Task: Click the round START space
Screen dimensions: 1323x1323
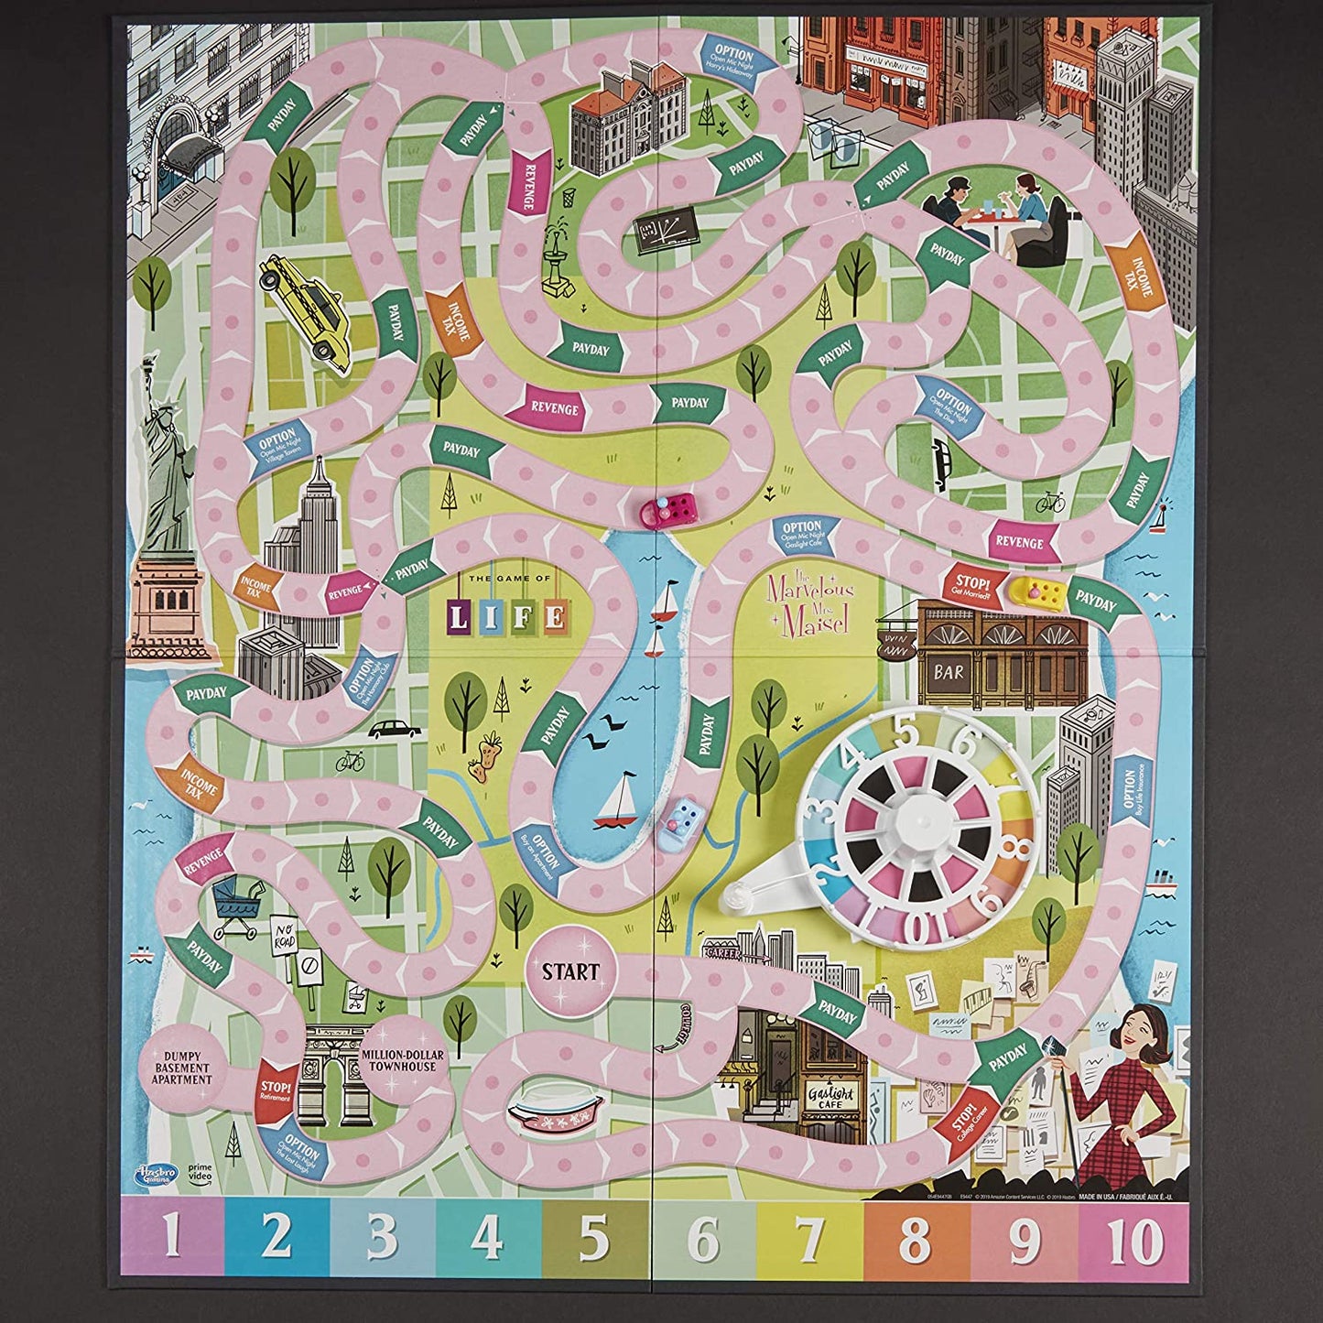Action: (570, 971)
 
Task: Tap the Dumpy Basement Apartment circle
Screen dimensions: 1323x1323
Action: (181, 1068)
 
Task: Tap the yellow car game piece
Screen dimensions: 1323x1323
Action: (1038, 593)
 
